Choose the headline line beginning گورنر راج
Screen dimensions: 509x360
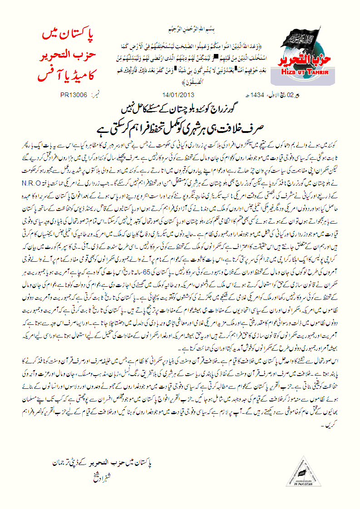(x=182, y=109)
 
